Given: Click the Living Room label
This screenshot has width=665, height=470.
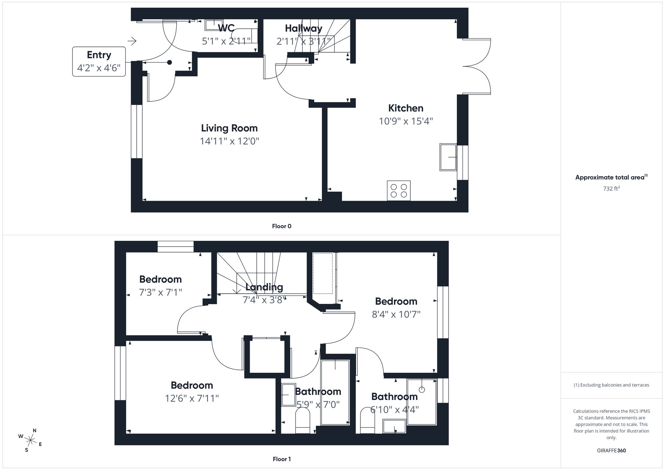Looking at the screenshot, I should pyautogui.click(x=229, y=128).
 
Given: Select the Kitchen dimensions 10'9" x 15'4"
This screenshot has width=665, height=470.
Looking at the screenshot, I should pyautogui.click(x=406, y=121).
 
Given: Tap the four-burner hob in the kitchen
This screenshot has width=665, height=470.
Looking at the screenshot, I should pyautogui.click(x=399, y=191).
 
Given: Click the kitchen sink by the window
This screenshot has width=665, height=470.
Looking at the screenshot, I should pyautogui.click(x=448, y=157).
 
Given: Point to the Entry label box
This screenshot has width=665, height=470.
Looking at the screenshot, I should pyautogui.click(x=99, y=61).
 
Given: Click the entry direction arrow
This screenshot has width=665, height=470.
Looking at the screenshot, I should pyautogui.click(x=132, y=41).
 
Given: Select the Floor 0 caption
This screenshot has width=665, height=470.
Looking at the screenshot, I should pyautogui.click(x=282, y=226).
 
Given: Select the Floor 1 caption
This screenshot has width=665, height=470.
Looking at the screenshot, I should pyautogui.click(x=282, y=459).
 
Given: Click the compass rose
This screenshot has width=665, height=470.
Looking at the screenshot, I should pyautogui.click(x=30, y=440).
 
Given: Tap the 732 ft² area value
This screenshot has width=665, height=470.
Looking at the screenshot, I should pyautogui.click(x=611, y=189).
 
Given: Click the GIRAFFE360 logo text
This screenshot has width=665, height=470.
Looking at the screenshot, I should pyautogui.click(x=611, y=451).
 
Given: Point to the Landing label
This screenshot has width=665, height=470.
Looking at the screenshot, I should pyautogui.click(x=264, y=287).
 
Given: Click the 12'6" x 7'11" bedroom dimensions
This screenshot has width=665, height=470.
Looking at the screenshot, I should pyautogui.click(x=192, y=398).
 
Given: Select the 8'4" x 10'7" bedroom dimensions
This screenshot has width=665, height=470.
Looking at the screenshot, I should pyautogui.click(x=396, y=314).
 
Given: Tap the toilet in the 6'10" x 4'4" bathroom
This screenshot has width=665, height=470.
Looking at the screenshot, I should pyautogui.click(x=367, y=421).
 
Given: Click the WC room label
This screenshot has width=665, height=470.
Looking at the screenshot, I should pyautogui.click(x=226, y=28).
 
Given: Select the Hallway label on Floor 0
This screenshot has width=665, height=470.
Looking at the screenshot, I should pyautogui.click(x=303, y=29).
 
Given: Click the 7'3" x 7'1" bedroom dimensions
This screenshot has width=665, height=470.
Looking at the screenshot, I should pyautogui.click(x=160, y=292).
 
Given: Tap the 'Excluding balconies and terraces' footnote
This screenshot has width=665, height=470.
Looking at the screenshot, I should pyautogui.click(x=611, y=385).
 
